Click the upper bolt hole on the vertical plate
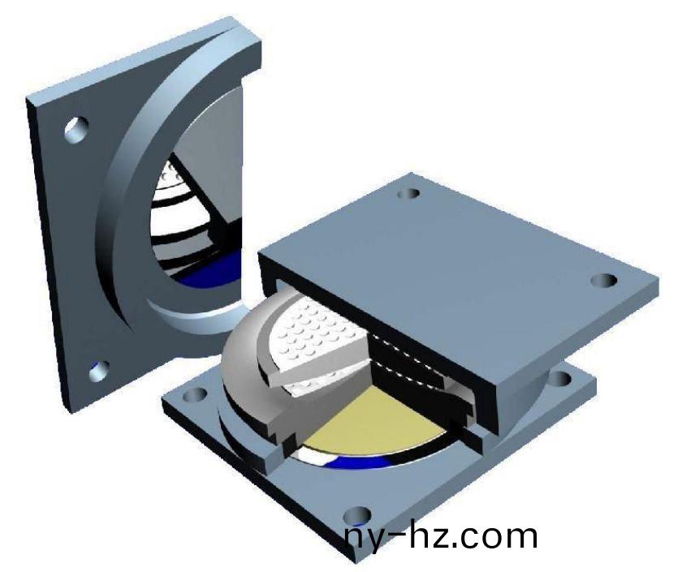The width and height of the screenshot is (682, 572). (x=76, y=129)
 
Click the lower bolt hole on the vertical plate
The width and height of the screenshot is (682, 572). (x=100, y=371)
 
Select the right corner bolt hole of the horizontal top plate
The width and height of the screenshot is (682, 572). (x=604, y=281)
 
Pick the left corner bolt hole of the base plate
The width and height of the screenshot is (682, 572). (x=194, y=395)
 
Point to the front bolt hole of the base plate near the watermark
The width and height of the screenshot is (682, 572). (x=357, y=515)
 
